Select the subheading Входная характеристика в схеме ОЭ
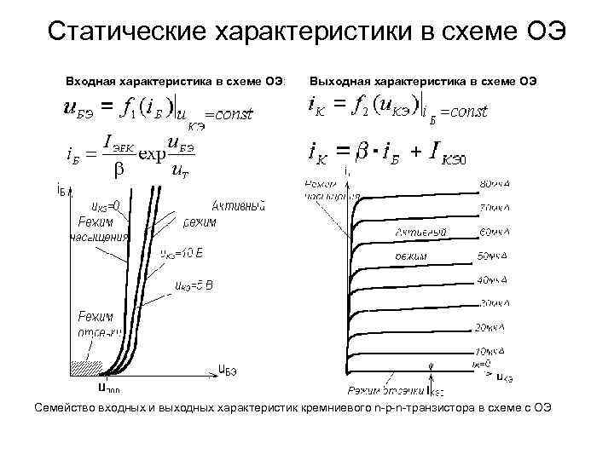(x=175, y=82)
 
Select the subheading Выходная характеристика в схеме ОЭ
(x=423, y=82)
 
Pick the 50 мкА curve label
(x=492, y=256)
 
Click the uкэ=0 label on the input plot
(x=106, y=205)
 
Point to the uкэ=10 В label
(x=180, y=253)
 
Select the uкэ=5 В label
(x=194, y=285)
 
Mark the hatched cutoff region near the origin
(x=84, y=367)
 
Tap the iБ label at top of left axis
(x=62, y=188)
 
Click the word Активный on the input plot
(x=238, y=205)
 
